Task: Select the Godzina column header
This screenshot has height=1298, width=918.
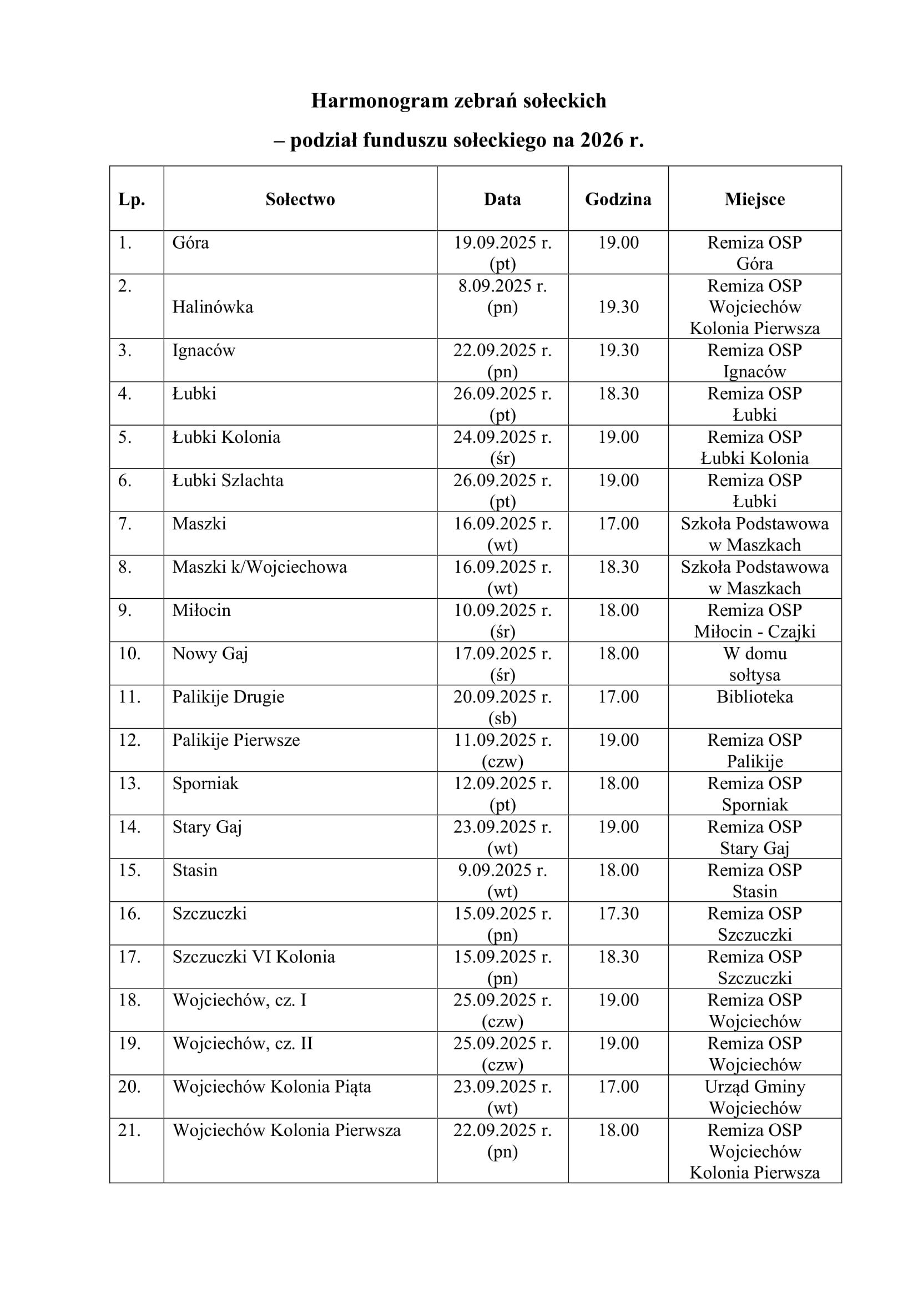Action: tap(618, 199)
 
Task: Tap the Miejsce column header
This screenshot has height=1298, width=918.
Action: tap(755, 199)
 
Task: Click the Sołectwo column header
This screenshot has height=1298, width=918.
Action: tap(300, 199)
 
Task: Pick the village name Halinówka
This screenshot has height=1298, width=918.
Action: tap(213, 307)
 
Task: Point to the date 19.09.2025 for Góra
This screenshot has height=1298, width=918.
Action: tap(502, 243)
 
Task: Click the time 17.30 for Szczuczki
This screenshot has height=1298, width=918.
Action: tap(618, 913)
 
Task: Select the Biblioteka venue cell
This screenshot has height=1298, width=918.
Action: tap(755, 696)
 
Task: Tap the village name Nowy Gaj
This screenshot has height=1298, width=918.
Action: tap(210, 654)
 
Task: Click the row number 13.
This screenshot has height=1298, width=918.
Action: tap(129, 783)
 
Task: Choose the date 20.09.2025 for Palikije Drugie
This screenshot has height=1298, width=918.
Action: tap(502, 696)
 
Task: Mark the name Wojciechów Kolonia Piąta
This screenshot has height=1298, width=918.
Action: tap(271, 1086)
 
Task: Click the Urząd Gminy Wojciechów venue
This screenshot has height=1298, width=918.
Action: tap(755, 1097)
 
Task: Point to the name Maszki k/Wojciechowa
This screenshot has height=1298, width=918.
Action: tap(259, 567)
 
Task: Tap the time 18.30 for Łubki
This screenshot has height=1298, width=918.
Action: tap(618, 393)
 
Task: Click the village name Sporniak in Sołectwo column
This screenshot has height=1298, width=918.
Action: tap(205, 783)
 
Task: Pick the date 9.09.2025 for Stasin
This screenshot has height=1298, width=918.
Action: tap(502, 870)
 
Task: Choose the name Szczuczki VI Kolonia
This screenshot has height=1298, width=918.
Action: tap(254, 957)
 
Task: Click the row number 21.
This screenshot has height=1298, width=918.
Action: tap(129, 1129)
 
